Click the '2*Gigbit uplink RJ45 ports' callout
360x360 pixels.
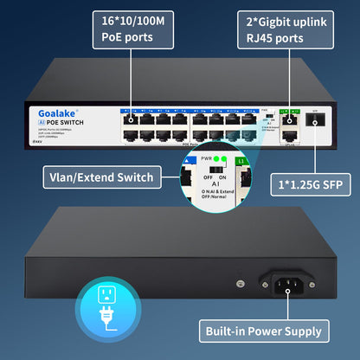[x=286, y=29]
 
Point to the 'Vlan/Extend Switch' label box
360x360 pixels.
[x=97, y=177]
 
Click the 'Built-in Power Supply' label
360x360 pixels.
[x=264, y=331]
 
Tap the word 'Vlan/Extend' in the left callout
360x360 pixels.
[x=78, y=177]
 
